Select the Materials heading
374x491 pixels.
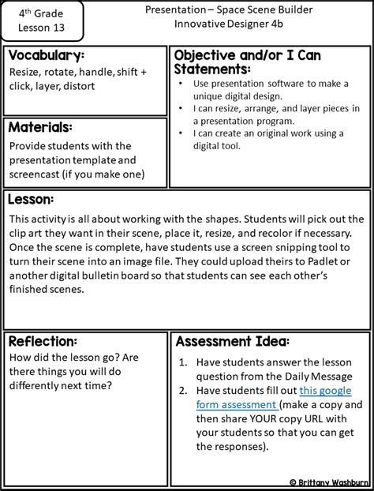(41, 126)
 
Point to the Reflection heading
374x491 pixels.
(43, 341)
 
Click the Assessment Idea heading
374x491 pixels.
(232, 341)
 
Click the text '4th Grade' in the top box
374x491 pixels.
(36, 13)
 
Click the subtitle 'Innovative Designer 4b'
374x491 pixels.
(237, 26)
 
